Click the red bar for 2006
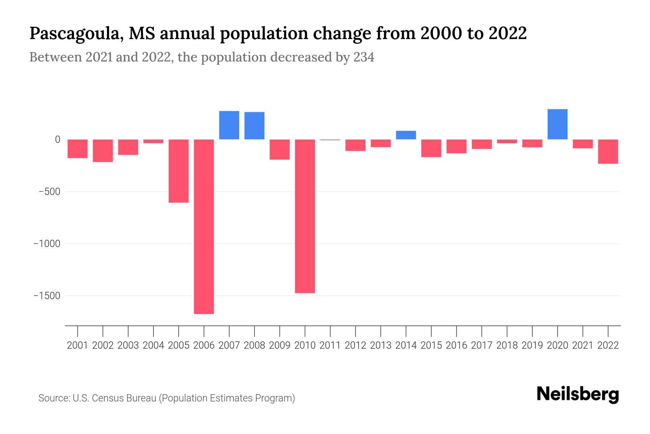point(204,226)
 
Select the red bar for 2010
point(305,216)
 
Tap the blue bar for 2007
point(229,125)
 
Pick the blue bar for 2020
point(557,124)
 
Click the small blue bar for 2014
point(406,135)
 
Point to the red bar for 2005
point(178,171)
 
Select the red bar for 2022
point(608,152)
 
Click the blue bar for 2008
point(254,125)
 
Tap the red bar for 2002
point(103,150)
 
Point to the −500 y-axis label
point(49,192)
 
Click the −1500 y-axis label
point(47,296)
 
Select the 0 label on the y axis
point(57,140)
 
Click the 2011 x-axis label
point(330,345)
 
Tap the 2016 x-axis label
point(456,345)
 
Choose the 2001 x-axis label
point(78,345)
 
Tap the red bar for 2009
point(279,149)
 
